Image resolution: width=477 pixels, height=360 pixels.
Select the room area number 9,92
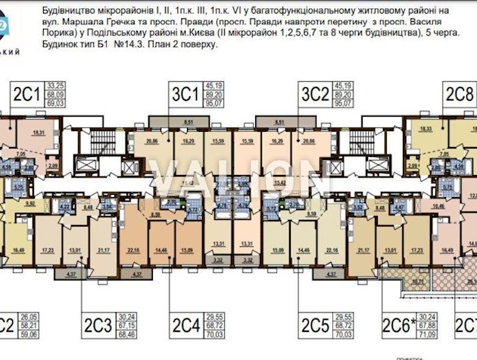31,203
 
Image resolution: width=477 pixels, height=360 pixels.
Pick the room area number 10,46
438,204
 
